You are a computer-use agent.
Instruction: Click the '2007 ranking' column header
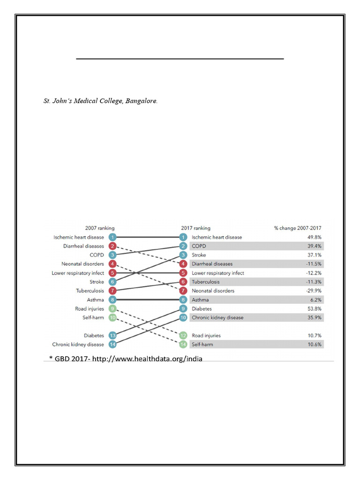point(99,228)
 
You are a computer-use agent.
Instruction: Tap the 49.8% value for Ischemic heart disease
point(314,237)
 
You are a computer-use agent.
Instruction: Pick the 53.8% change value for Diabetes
point(314,309)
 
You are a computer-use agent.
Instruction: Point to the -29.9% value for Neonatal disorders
point(314,291)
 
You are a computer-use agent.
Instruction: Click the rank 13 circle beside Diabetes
point(112,336)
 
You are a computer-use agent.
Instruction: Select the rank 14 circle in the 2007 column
point(112,345)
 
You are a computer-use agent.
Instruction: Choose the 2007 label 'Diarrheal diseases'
point(83,246)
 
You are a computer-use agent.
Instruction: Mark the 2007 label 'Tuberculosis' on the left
point(90,291)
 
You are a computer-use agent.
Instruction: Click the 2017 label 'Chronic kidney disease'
point(217,318)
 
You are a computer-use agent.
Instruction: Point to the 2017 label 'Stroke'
point(199,255)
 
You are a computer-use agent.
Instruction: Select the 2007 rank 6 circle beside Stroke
point(112,282)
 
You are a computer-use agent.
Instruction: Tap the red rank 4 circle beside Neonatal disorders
point(112,264)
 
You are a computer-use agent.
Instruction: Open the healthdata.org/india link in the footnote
point(149,359)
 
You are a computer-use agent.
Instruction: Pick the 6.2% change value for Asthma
point(315,300)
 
